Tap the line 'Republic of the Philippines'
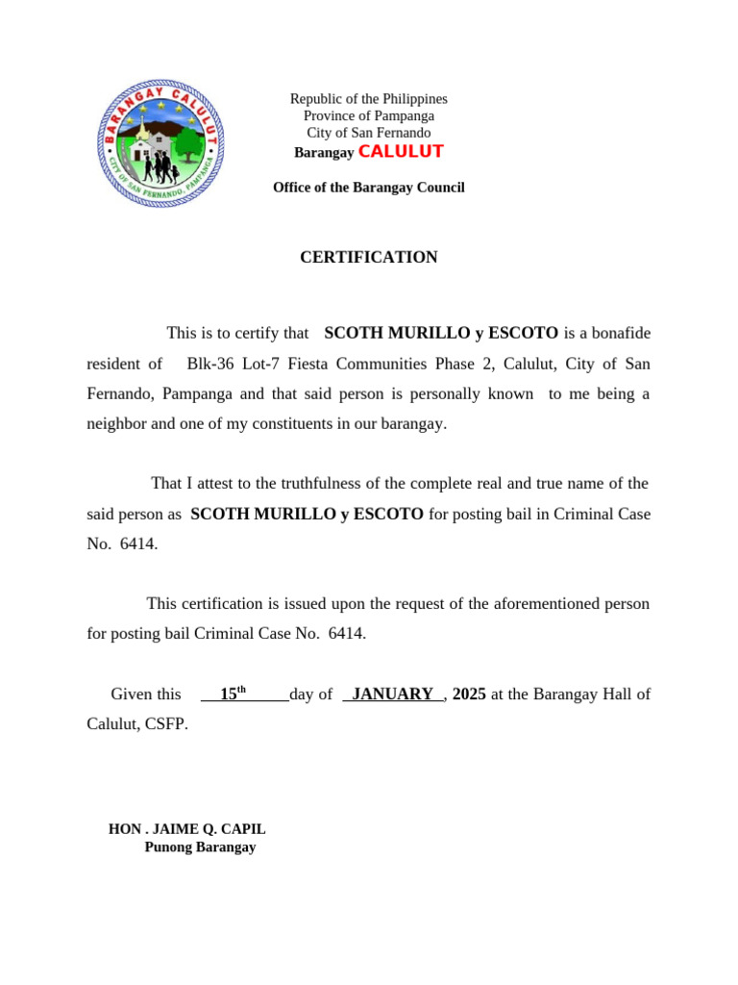pos(368,99)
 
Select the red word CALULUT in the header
pos(401,152)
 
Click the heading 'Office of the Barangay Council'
pos(368,188)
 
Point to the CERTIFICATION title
pos(368,258)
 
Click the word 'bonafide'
pos(621,334)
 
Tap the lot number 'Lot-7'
pos(259,364)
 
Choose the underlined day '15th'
pos(234,694)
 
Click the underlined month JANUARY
pos(392,695)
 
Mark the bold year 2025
pos(469,695)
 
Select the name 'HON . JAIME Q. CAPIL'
pos(187,829)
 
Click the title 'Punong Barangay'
pos(200,847)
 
